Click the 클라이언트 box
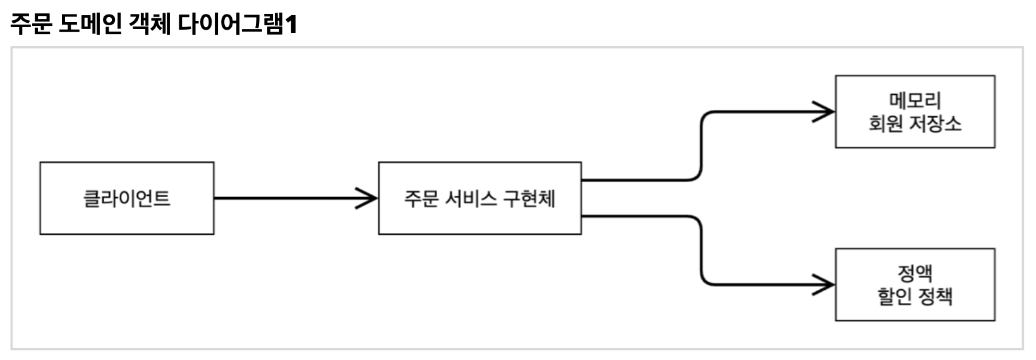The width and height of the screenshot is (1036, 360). pyautogui.click(x=126, y=198)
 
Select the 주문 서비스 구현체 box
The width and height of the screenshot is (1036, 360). pyautogui.click(x=479, y=198)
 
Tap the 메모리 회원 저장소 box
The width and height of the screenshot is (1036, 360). pyautogui.click(x=915, y=112)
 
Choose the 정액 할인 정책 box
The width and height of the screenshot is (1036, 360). pyautogui.click(x=915, y=285)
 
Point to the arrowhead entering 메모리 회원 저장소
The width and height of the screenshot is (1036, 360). pyautogui.click(x=825, y=112)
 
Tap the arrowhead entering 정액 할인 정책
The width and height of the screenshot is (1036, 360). pyautogui.click(x=825, y=285)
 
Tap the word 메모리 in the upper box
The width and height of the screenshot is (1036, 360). pyautogui.click(x=915, y=100)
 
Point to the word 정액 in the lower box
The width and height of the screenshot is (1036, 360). pyautogui.click(x=915, y=273)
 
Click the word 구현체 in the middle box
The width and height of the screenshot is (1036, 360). pyautogui.click(x=529, y=198)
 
